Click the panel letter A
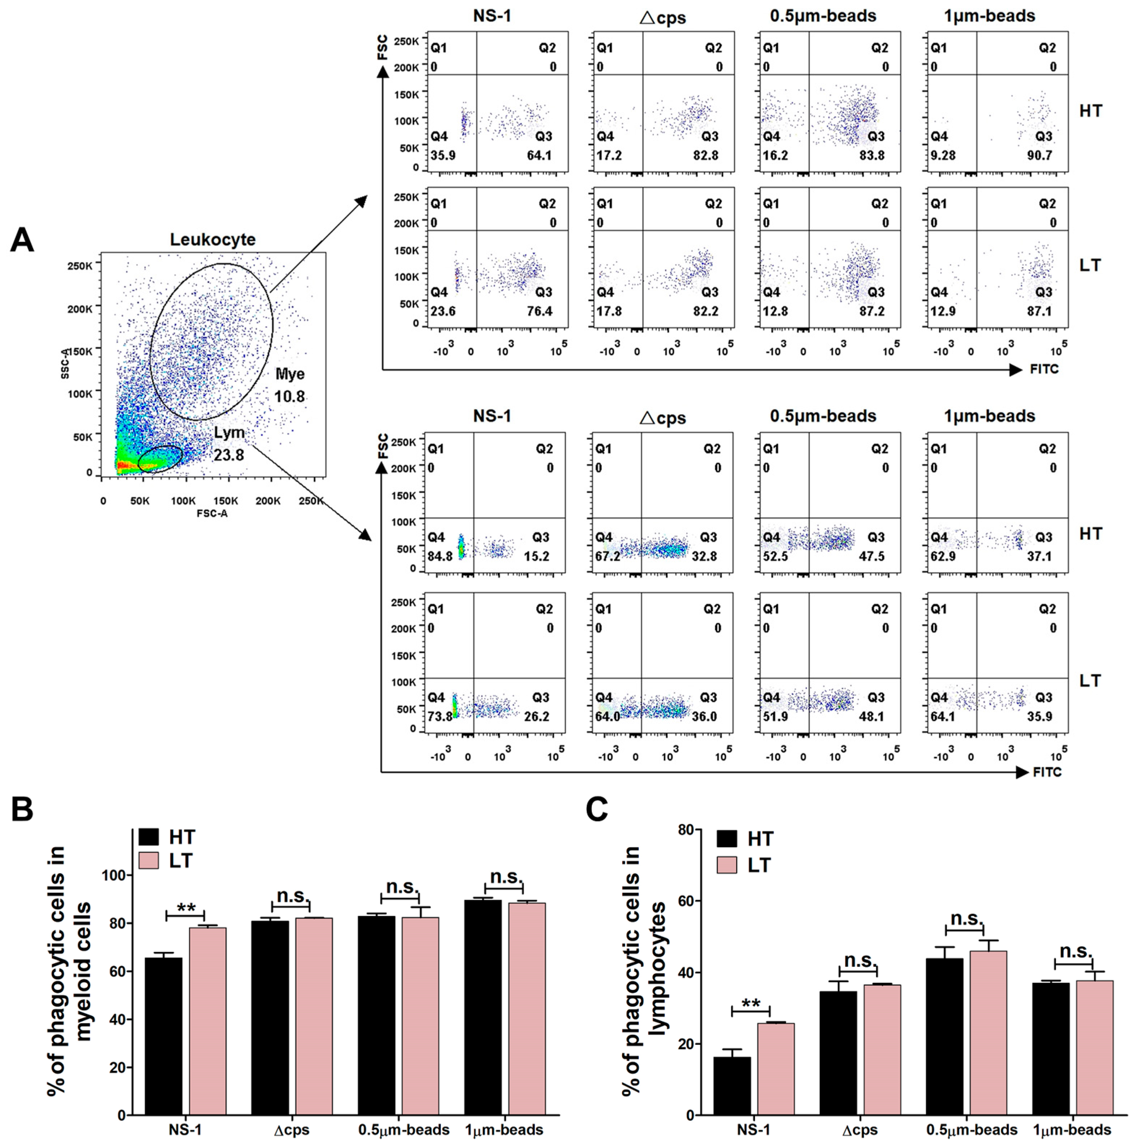pyautogui.click(x=22, y=241)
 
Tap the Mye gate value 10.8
pyautogui.click(x=289, y=396)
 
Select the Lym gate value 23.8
pyautogui.click(x=229, y=455)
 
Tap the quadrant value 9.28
pyautogui.click(x=943, y=156)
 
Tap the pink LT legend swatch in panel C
pyautogui.click(x=727, y=865)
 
